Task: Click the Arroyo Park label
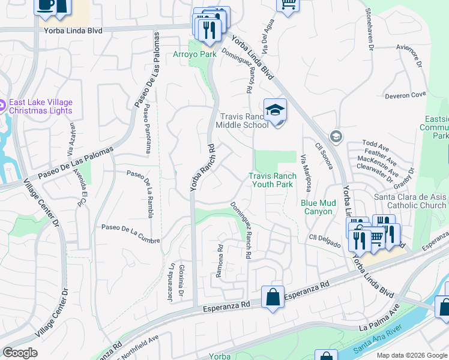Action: click(x=194, y=54)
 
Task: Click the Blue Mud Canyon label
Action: click(x=317, y=207)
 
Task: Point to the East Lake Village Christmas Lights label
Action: click(x=41, y=106)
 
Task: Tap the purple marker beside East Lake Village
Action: click(x=2, y=106)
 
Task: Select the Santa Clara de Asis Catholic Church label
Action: click(x=410, y=201)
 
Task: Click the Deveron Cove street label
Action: click(x=406, y=95)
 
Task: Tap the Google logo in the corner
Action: click(x=20, y=353)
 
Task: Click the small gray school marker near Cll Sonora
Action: click(x=336, y=136)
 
